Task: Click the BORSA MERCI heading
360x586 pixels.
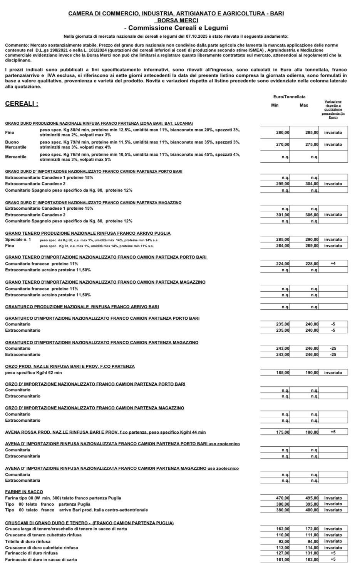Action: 176,20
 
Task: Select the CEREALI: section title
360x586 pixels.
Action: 22,104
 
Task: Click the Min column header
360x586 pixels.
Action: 275,105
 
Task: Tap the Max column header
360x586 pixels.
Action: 304,105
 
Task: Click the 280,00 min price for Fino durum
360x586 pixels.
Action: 283,132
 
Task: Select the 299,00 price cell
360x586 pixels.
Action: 283,184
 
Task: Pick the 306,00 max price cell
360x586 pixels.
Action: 312,215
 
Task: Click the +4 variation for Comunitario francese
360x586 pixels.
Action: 333,264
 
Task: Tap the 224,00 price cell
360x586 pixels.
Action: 283,264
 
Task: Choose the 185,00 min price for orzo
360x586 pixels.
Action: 283,373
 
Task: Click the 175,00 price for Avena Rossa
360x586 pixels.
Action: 283,432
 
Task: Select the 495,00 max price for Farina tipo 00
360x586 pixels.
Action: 312,498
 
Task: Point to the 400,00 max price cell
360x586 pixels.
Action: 312,510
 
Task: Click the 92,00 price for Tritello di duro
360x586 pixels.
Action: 284,542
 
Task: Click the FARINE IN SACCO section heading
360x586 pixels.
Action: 24,492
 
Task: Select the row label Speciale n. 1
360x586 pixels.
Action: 18,239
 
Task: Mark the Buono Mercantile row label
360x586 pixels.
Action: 16,145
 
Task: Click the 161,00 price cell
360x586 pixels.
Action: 283,560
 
